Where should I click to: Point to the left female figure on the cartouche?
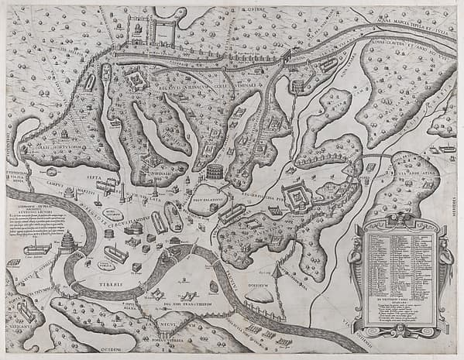click(x=355, y=259)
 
